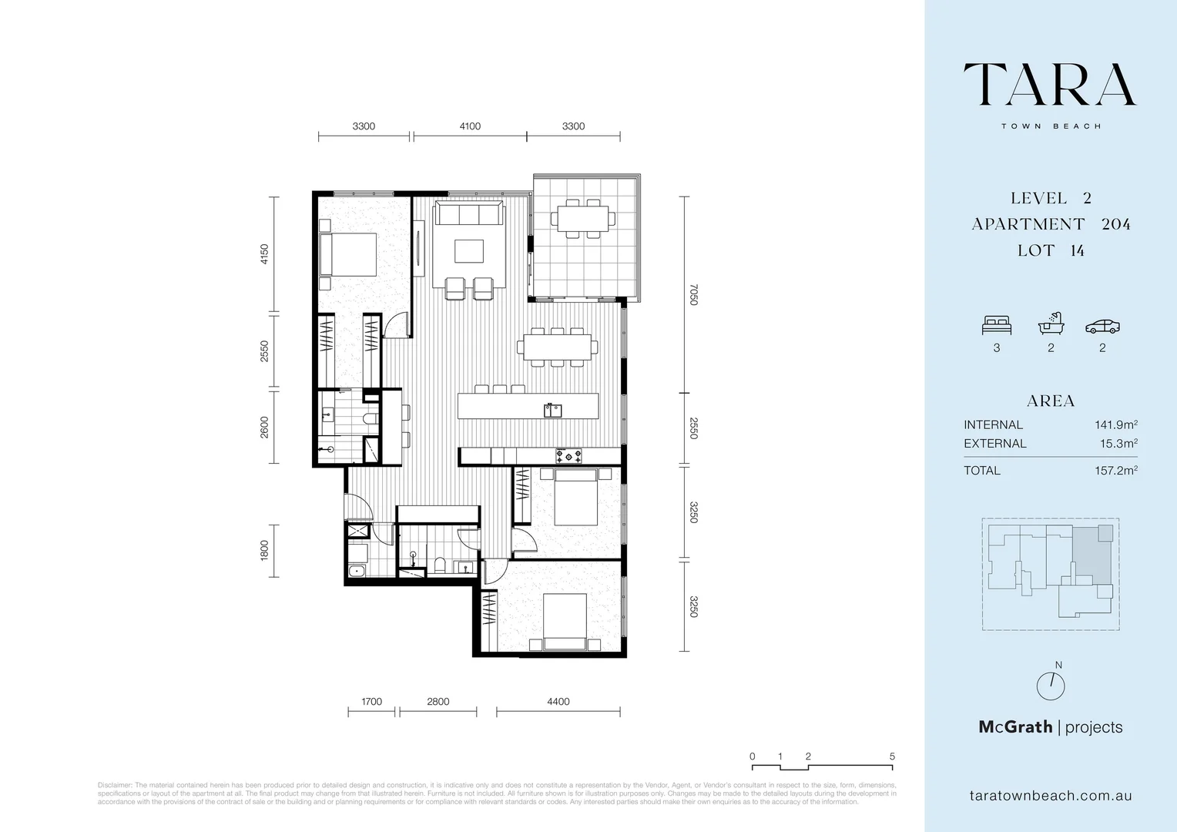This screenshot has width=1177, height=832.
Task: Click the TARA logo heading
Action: tap(1050, 85)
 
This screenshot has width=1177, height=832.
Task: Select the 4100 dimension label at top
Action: tap(470, 126)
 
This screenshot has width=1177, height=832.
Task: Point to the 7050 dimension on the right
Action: tap(693, 295)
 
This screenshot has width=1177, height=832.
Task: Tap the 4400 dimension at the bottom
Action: tap(558, 701)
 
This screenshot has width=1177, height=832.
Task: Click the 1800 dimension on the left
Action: tap(264, 549)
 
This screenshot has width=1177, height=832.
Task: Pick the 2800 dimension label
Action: tap(438, 701)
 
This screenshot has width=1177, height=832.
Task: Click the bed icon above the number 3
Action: tap(996, 326)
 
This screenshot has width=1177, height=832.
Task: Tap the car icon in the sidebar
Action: tap(1102, 327)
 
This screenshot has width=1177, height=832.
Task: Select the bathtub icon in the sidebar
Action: tap(1050, 324)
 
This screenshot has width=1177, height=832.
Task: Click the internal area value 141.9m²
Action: tap(1115, 424)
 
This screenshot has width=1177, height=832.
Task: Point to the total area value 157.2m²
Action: tap(1115, 471)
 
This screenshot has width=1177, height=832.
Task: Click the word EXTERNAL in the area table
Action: tap(994, 444)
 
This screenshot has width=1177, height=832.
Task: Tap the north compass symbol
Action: tap(1050, 685)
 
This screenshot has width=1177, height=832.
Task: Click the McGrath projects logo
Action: tap(1050, 726)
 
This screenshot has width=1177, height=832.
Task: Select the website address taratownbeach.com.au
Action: tap(1050, 796)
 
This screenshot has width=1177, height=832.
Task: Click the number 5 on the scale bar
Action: tap(892, 757)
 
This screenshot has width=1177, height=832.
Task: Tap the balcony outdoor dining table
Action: tap(583, 218)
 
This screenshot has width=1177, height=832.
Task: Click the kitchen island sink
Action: tap(552, 410)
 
